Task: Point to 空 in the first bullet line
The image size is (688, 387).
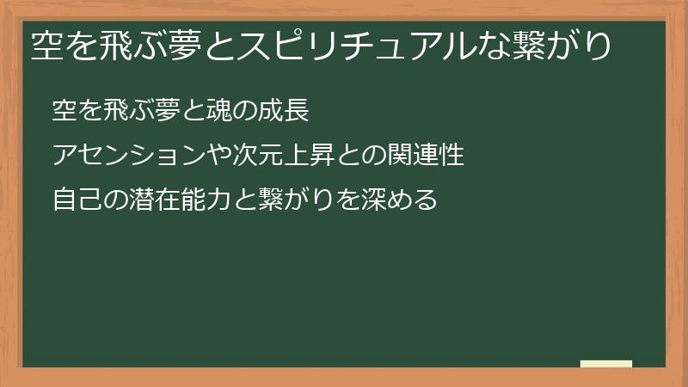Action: [64, 110]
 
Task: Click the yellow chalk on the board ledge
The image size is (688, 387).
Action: [606, 364]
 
